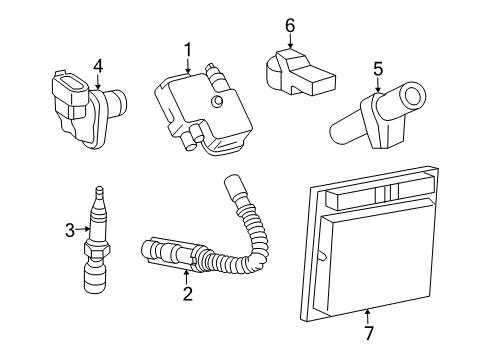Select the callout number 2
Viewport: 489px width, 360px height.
187,294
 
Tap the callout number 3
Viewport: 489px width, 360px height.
69,231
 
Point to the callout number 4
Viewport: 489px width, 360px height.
98,66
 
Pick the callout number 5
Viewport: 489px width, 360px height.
377,69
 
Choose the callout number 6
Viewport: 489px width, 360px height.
290,25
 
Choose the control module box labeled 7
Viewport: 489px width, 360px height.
370,250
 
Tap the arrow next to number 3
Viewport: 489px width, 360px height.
82,231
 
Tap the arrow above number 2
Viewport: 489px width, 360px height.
187,277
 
